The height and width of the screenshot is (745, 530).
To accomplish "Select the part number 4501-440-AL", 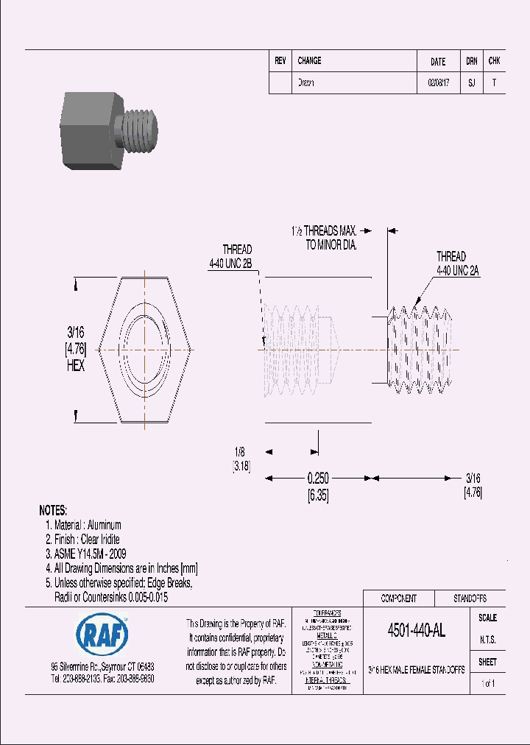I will [416, 630].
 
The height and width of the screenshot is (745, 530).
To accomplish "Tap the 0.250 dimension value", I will [317, 478].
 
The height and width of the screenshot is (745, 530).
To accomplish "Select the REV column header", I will [280, 61].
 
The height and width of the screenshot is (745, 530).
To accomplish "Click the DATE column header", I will [438, 62].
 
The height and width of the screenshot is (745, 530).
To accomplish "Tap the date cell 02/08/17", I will [438, 83].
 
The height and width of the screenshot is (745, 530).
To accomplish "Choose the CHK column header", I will [495, 62].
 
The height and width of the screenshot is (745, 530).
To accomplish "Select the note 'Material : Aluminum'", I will [88, 525].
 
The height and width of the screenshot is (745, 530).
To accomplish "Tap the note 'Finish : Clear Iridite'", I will [87, 539].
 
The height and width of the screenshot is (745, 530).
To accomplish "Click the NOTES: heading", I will [53, 510].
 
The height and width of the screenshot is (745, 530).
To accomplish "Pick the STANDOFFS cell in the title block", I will [469, 599].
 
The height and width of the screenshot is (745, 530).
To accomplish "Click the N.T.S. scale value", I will [487, 640].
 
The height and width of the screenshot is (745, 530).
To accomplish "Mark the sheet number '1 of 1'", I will [487, 684].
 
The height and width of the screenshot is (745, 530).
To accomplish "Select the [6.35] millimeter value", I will [317, 497].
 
